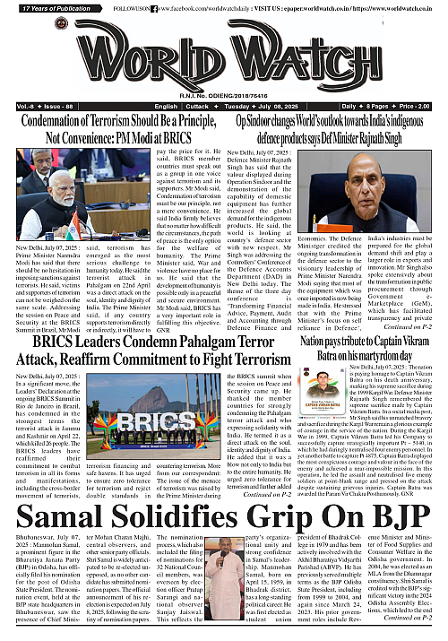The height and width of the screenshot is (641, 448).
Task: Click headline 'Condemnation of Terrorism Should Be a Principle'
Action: point(114,124)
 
